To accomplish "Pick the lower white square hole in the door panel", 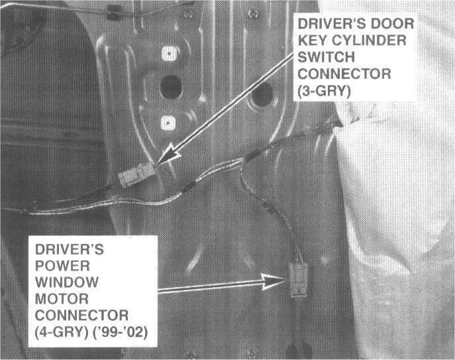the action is [167, 121].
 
